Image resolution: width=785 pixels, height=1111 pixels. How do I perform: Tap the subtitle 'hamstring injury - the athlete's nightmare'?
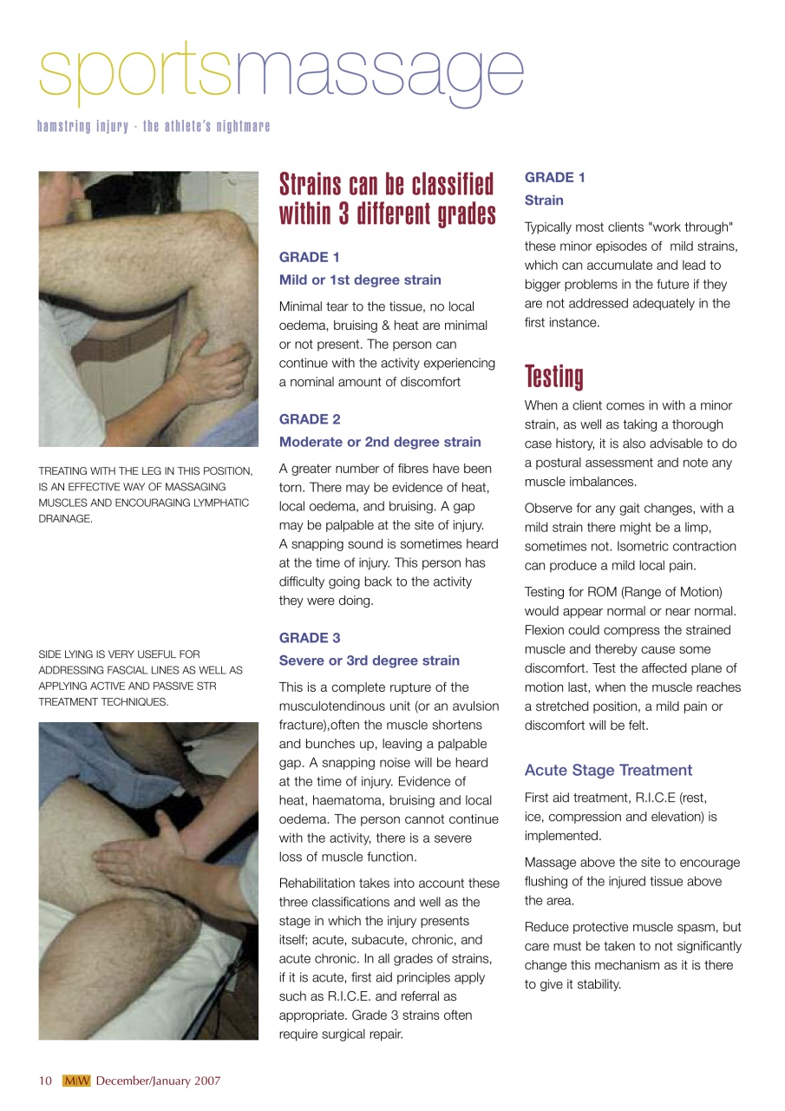pyautogui.click(x=154, y=127)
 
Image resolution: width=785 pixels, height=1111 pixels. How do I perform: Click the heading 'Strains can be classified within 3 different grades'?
pyautogui.click(x=387, y=199)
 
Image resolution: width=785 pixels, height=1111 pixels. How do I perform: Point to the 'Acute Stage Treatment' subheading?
pyautogui.click(x=608, y=770)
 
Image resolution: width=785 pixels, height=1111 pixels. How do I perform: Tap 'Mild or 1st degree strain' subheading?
pyautogui.click(x=360, y=279)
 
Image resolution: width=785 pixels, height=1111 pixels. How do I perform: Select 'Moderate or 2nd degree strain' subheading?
pyautogui.click(x=380, y=442)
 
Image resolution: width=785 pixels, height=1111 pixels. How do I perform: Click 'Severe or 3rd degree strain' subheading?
pyautogui.click(x=370, y=661)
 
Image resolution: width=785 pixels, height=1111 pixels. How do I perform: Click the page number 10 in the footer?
pyautogui.click(x=45, y=1081)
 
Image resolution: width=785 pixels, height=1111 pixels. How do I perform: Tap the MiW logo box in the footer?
pyautogui.click(x=76, y=1081)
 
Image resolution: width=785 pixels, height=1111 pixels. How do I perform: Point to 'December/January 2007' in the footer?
pyautogui.click(x=158, y=1081)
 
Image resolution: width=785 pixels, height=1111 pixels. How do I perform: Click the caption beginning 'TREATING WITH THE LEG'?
pyautogui.click(x=146, y=495)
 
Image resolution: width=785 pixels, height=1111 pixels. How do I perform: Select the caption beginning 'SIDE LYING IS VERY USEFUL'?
pyautogui.click(x=141, y=677)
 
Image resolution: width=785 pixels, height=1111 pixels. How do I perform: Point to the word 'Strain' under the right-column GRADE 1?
pyautogui.click(x=544, y=201)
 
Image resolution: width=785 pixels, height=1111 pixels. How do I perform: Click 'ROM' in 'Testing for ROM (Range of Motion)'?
pyautogui.click(x=612, y=592)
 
